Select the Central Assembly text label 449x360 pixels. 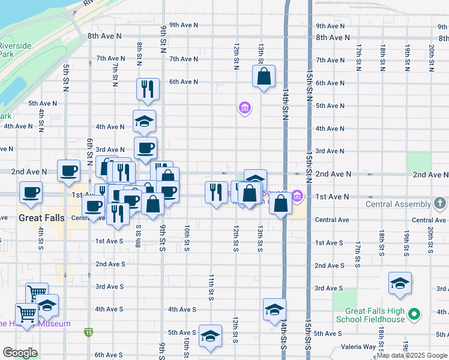click(x=398, y=204)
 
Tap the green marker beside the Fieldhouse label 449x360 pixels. click(x=413, y=313)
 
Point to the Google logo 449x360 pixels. click(x=20, y=353)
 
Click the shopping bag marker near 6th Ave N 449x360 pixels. click(x=264, y=77)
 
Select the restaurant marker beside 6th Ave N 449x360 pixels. click(x=147, y=90)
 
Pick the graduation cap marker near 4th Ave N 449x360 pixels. click(x=144, y=122)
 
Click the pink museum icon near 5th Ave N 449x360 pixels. click(x=244, y=109)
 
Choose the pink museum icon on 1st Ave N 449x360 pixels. click(x=297, y=196)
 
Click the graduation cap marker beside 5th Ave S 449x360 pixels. click(x=210, y=337)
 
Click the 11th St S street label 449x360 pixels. click(x=211, y=287)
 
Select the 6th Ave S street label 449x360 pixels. click(x=109, y=355)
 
